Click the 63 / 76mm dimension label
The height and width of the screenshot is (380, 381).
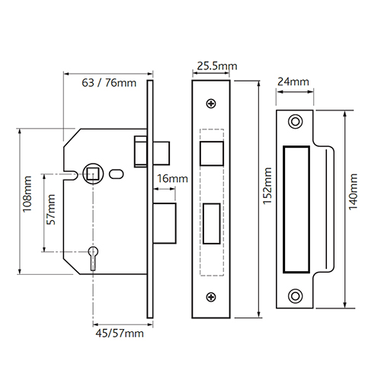tap(109, 83)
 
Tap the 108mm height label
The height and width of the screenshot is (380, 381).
tap(27, 194)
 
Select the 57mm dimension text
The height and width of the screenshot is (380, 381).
tap(51, 209)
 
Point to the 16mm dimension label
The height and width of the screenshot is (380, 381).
tap(172, 178)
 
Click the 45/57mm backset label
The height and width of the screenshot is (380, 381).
tap(120, 334)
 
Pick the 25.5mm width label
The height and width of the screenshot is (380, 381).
tap(217, 66)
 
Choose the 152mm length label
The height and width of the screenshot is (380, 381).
tap(267, 186)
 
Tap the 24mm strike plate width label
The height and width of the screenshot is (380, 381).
tap(293, 81)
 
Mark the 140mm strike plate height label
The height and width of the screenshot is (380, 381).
tap(353, 192)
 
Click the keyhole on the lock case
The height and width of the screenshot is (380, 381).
tap(93, 258)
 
